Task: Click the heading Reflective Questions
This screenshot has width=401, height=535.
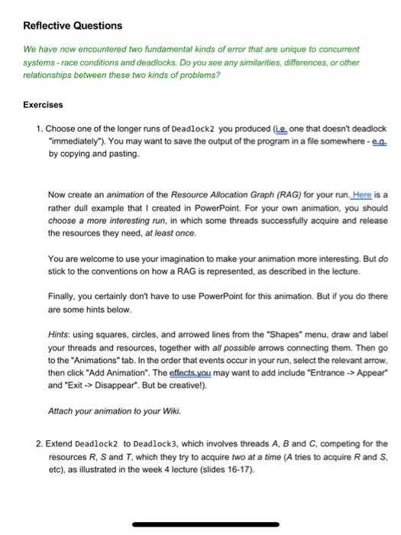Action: pos(73,26)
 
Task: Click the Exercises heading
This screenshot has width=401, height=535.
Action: pos(43,105)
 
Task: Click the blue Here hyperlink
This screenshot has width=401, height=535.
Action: pos(337,173)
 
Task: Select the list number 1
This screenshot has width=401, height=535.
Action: pos(38,130)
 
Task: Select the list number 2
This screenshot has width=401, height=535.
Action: pos(38,444)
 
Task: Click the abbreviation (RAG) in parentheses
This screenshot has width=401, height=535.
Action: pos(264,173)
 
